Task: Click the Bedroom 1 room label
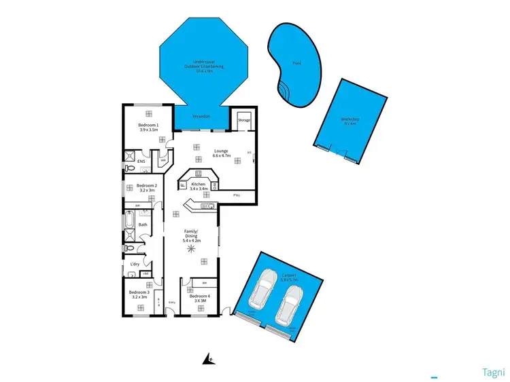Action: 149,125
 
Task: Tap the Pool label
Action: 296,63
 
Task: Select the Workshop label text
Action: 350,120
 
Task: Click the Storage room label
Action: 244,120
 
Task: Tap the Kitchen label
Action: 198,184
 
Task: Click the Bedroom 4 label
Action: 200,297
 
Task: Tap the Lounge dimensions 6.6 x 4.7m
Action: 222,155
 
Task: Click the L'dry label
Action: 135,264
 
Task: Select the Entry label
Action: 172,302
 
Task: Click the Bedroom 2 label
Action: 147,185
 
